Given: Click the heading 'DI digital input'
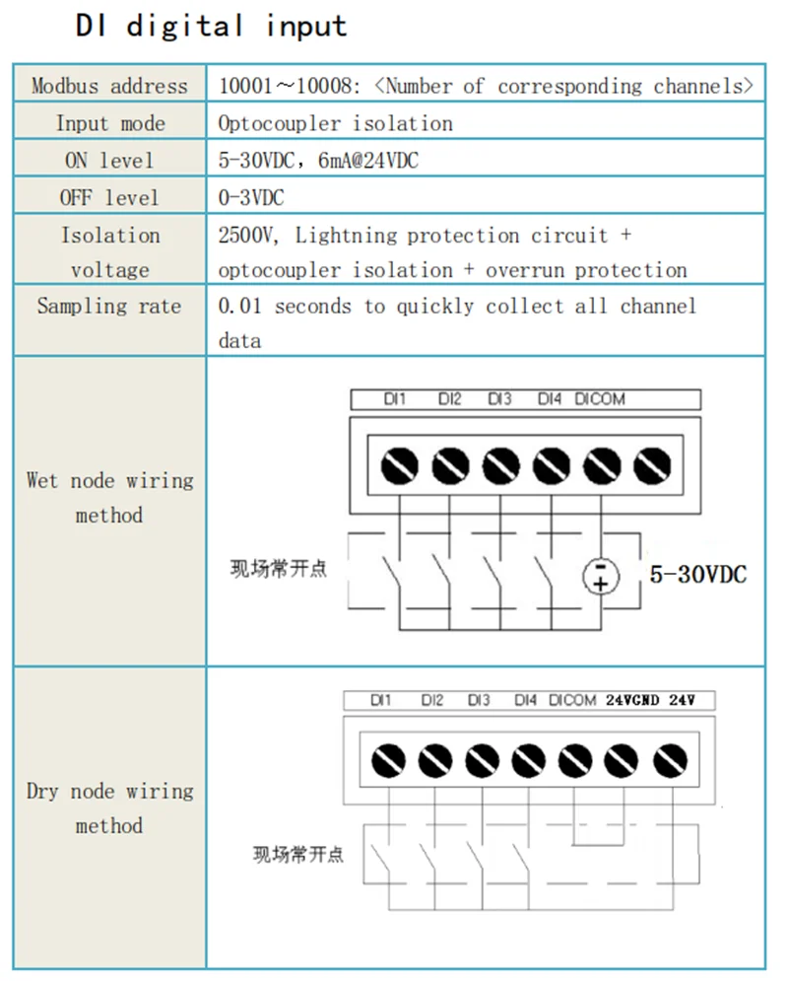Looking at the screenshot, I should pos(211,26).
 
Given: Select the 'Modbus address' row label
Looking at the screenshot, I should pos(108,86).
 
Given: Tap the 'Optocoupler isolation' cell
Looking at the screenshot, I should pos(335,123).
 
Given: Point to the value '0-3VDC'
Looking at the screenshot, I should pos(251,197).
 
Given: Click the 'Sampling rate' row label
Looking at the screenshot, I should pos(108,306).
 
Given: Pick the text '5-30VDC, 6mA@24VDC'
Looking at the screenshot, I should pos(318,161).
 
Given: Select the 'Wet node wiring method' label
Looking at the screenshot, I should pos(108,498).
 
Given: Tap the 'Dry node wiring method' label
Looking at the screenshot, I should pos(108,808).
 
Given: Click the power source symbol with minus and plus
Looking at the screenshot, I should pos(601,576).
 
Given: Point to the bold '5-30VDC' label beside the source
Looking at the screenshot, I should pos(697,574).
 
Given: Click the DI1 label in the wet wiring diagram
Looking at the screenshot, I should pos(395,399).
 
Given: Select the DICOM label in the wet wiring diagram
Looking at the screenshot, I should pos(600,399).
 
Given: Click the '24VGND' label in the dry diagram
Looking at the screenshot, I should pos(632,701).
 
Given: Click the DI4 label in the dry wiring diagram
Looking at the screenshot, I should pos(526,701).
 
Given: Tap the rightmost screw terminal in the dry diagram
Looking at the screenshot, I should pos(670,760).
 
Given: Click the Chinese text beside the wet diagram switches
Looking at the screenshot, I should pos(278,570).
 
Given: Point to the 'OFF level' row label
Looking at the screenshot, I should pos(108,197).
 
